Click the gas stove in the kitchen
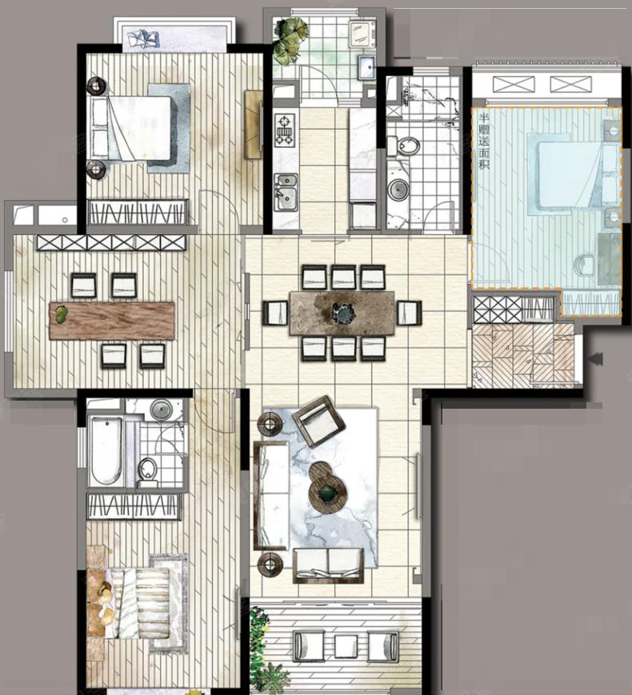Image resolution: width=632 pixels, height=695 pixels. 285,130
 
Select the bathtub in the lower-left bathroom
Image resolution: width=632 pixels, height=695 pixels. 106,450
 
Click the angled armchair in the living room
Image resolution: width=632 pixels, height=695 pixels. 318,421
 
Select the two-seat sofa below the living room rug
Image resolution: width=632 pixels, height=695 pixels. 328,565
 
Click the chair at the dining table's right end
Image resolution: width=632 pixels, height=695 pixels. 409,312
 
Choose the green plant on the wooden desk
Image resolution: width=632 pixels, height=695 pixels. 61,314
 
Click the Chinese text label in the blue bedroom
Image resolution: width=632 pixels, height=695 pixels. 484,142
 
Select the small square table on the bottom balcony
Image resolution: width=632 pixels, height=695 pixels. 346,645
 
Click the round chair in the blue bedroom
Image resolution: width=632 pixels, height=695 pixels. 586,265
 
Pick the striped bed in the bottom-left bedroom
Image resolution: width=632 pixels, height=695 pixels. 130,603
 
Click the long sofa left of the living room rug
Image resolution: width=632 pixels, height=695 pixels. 270,496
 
